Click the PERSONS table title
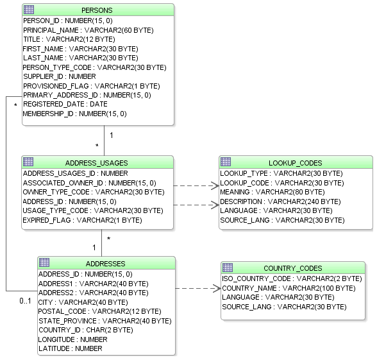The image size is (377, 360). click(97, 10)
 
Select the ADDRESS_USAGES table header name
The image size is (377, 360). click(96, 163)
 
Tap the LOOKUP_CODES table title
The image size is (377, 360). click(296, 163)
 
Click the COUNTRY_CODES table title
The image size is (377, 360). click(293, 268)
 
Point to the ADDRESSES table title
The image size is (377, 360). click(105, 264)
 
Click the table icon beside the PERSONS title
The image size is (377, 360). click(28, 10)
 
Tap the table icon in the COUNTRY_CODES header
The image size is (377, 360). click(227, 268)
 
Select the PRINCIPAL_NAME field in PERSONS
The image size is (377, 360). click(88, 30)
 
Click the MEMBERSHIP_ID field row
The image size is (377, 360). click(74, 114)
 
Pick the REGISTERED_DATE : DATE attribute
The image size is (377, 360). click(65, 104)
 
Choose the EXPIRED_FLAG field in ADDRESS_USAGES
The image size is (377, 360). click(82, 220)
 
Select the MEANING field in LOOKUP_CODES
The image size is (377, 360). click(272, 192)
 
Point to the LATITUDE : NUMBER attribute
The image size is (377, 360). click(70, 348)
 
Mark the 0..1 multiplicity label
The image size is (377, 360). click(25, 300)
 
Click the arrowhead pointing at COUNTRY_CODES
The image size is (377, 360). click(216, 289)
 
